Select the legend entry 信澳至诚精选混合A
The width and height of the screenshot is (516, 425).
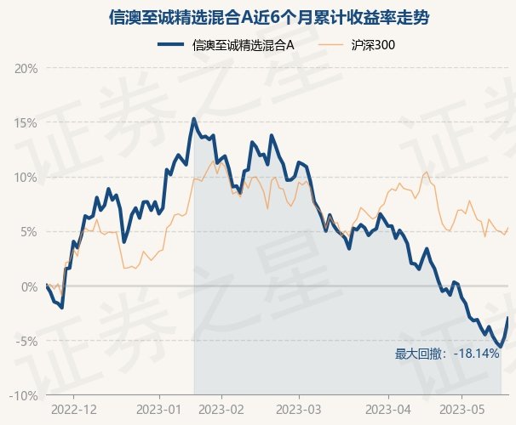pos(244,44)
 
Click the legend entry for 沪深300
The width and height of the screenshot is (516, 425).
pos(375,44)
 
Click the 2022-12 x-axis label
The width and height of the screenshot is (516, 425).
pos(74,411)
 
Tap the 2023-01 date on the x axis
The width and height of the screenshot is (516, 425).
pos(158,411)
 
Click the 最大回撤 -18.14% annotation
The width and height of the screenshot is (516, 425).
pos(447,354)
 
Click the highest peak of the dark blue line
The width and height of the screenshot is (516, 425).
pos(194,119)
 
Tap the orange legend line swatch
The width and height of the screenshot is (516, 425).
pos(333,44)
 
